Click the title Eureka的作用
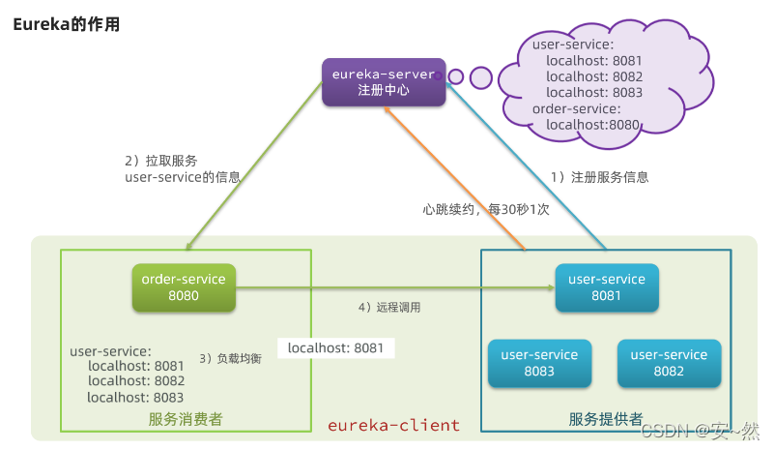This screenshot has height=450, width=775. coord(66,24)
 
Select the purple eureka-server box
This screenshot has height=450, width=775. coord(383,81)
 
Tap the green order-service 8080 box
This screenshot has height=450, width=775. coord(184,287)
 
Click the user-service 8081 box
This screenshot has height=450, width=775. coord(607,287)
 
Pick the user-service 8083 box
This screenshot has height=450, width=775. coord(539,363)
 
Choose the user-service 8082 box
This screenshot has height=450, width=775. coord(669,363)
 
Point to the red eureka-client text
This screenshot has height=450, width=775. coord(394,426)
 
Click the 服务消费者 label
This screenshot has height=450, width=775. coord(186,419)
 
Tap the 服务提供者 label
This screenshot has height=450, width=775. coord(606,419)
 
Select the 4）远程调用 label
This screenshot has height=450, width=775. coord(389,307)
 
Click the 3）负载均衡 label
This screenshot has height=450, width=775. coord(230,358)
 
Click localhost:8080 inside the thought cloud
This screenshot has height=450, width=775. coord(591,125)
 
